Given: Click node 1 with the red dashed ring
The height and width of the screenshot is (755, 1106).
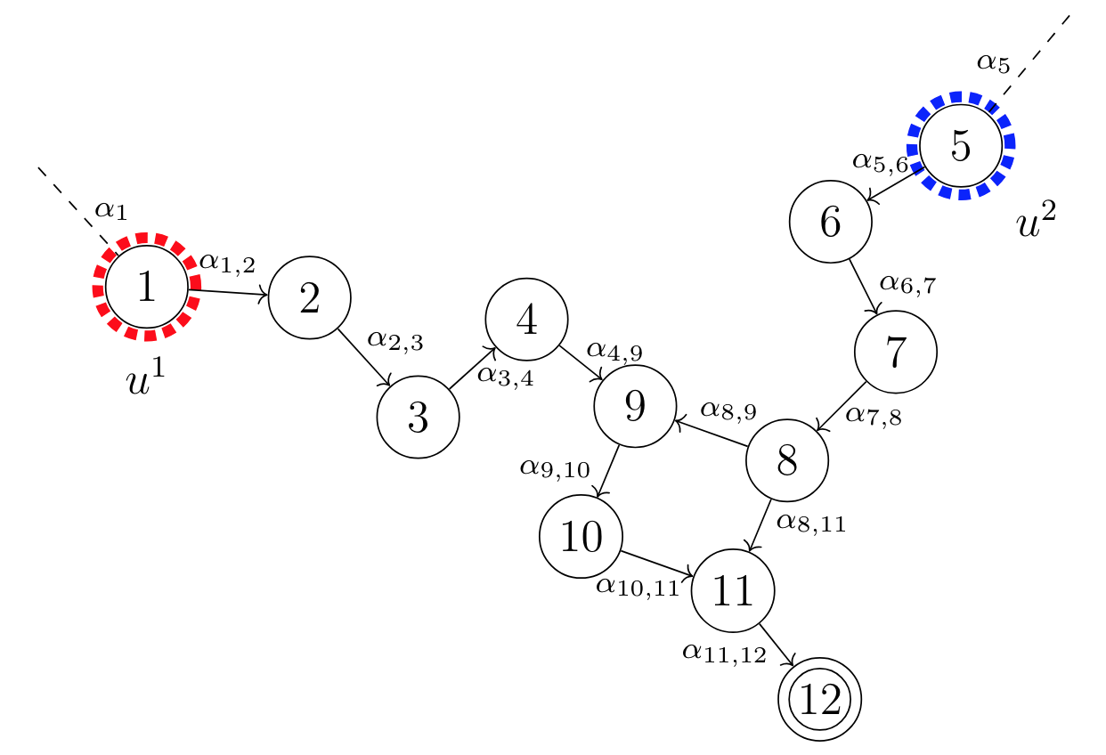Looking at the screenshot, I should pos(147,288).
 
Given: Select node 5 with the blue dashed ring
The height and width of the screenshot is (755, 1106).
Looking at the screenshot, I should pos(960,145).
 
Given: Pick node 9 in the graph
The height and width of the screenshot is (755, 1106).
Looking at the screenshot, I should pos(635,406).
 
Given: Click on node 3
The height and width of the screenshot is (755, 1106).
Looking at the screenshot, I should pos(418,417).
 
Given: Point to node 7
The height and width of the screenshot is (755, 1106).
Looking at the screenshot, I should pos(895,352).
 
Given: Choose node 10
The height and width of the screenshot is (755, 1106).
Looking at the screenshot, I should pos(581,537).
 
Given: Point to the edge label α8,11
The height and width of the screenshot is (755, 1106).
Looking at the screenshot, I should pos(810,522).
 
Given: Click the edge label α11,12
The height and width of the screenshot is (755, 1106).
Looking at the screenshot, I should pos(724,654).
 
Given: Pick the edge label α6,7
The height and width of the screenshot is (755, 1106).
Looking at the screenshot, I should pos(907,284).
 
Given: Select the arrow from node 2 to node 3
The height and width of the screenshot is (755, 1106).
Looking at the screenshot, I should pos(364,359).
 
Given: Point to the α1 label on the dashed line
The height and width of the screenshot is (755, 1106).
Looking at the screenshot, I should pos(111,211).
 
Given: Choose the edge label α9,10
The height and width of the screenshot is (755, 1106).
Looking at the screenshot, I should pos(555,467).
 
